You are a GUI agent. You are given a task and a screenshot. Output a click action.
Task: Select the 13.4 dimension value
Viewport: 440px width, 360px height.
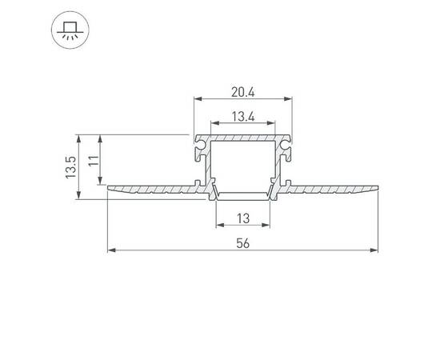pos(243,116)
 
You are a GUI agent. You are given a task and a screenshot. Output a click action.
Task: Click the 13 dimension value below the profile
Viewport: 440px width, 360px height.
pos(243,218)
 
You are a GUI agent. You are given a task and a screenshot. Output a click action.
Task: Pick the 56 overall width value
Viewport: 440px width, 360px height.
pos(243,243)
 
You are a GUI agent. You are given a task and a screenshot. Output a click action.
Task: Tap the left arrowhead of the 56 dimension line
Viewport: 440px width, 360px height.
pos(110,251)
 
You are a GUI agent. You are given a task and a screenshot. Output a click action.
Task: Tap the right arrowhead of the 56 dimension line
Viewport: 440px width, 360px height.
pos(374,251)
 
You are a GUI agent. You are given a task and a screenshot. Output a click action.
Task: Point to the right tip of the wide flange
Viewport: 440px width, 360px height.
pos(377,189)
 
